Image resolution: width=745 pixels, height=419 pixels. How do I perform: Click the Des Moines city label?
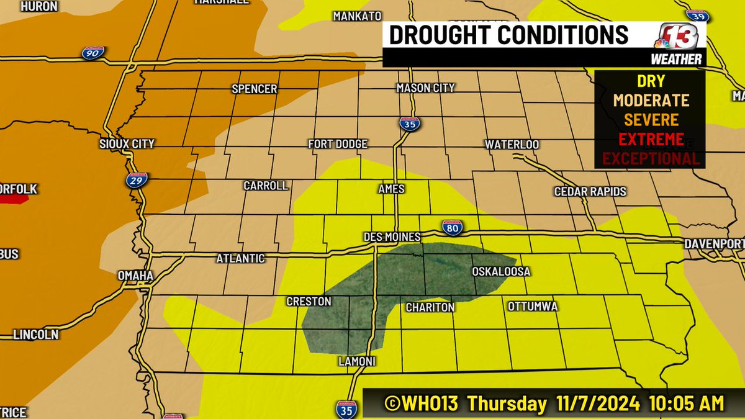392,237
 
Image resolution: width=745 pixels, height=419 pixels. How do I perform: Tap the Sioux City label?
127,144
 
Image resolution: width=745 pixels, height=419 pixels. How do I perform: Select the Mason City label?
425,88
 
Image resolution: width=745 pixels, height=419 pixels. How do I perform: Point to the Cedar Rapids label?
590,192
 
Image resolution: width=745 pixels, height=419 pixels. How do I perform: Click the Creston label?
309,302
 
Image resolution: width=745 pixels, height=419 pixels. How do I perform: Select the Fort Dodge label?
338,144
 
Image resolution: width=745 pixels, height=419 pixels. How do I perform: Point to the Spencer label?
254,89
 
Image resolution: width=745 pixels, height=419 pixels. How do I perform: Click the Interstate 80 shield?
451,228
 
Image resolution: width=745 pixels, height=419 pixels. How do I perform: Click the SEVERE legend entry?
651,119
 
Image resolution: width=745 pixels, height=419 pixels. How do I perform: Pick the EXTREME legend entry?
651,138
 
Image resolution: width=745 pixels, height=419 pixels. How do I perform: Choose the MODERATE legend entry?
651,100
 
